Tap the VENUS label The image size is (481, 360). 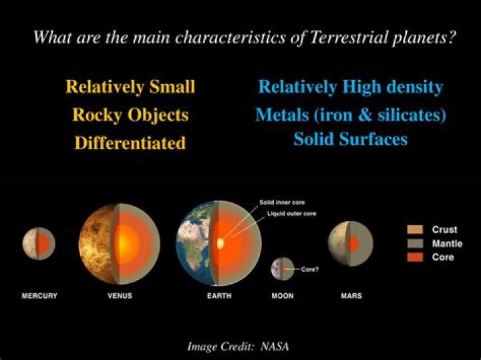120,296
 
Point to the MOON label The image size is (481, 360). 283,296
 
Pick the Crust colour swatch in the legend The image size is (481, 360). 414,230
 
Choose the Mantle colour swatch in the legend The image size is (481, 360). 414,244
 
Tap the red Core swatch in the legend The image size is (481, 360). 414,257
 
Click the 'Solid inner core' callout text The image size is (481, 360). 283,201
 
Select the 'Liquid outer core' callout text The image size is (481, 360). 287,213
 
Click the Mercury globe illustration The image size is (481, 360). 38,242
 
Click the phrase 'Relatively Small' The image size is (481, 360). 130,87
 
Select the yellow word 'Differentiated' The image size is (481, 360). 130,143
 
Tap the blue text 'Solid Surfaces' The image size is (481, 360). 350,140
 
